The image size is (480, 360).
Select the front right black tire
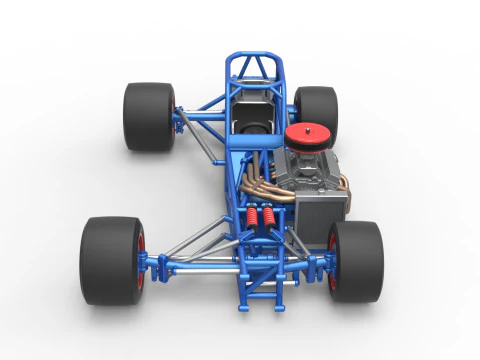tap(358, 262)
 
